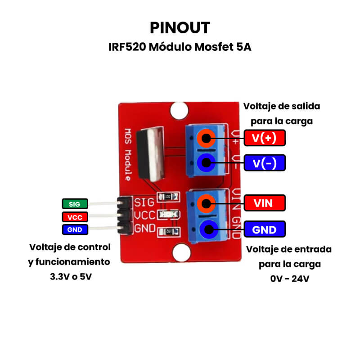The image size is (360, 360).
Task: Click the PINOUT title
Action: (x=180, y=27)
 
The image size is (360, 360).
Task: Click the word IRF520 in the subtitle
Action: (x=126, y=47)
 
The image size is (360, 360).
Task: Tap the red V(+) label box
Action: (x=265, y=138)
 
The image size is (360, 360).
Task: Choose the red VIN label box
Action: (x=265, y=203)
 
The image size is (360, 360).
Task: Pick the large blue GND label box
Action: (x=265, y=229)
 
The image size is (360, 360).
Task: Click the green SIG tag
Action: (x=74, y=204)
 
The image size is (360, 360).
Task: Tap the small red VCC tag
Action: (x=74, y=217)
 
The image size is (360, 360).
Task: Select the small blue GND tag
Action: (x=74, y=229)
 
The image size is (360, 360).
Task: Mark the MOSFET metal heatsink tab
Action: (x=153, y=156)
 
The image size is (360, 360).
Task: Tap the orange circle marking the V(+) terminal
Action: (x=206, y=138)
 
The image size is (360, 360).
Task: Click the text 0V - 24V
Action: (x=289, y=279)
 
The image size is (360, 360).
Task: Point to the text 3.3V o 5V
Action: (x=71, y=277)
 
